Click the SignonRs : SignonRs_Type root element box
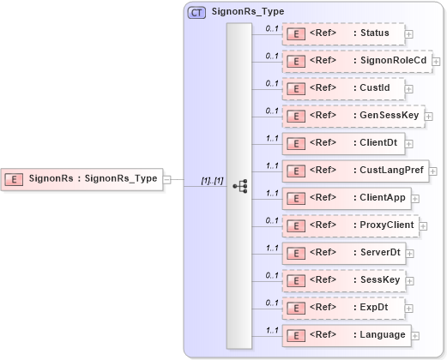point(82,179)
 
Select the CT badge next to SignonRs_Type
point(196,12)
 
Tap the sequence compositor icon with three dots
point(239,185)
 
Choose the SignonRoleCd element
point(356,61)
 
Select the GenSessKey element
point(353,116)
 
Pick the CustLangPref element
point(356,171)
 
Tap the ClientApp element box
point(347,198)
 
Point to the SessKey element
point(344,280)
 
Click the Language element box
point(347,335)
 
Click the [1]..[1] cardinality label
point(212,181)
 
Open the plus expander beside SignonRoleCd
point(437,62)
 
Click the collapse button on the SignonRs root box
point(167,180)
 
